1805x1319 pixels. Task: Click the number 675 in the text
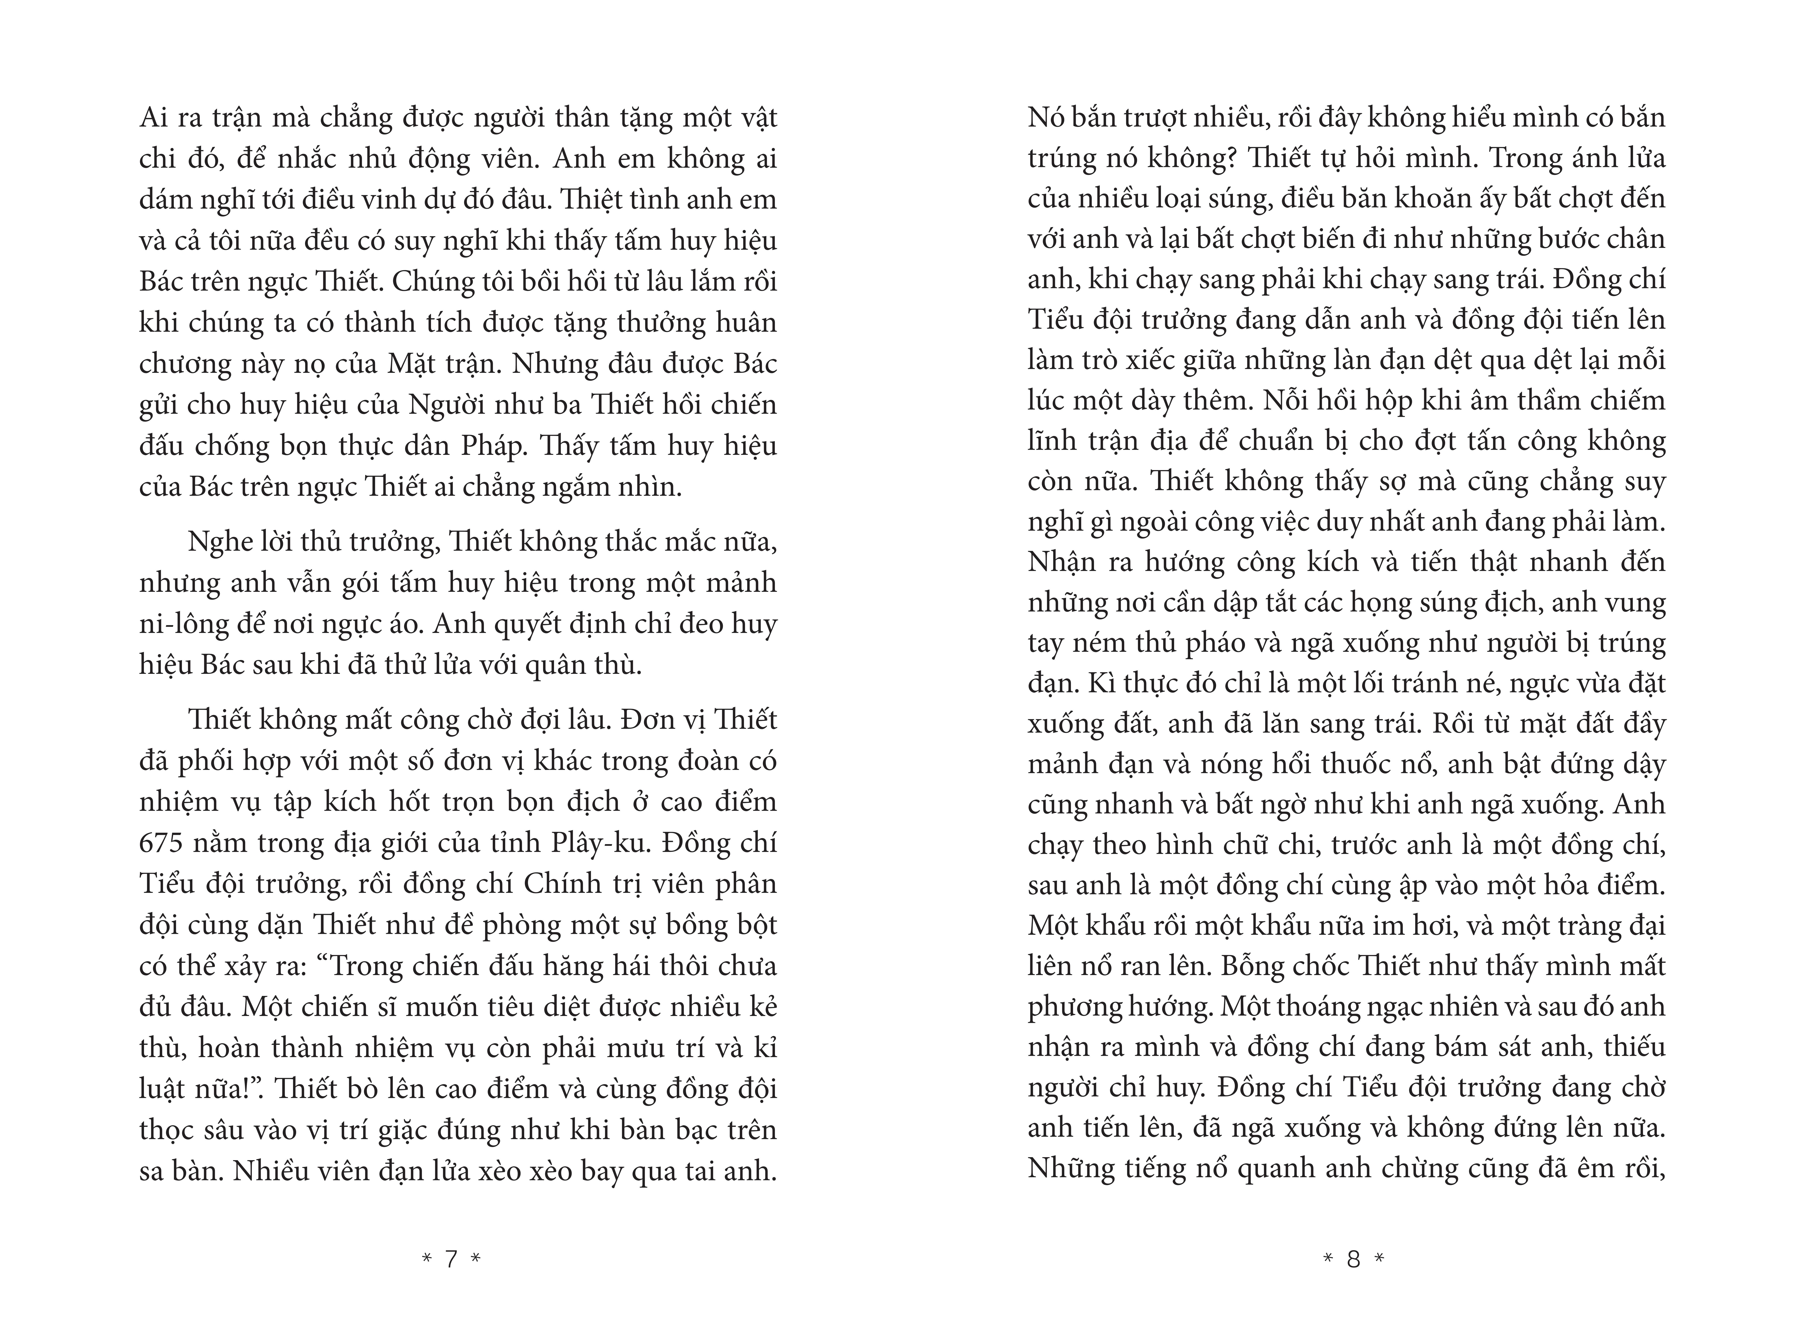[162, 843]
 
